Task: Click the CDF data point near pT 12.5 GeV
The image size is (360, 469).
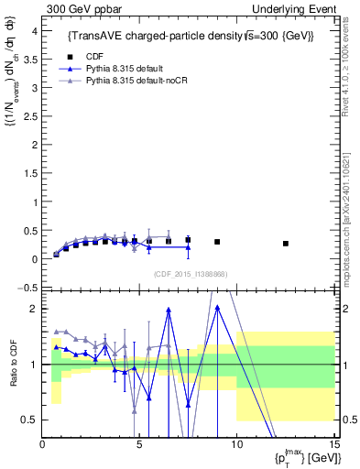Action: point(286,244)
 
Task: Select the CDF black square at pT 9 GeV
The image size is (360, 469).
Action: point(217,242)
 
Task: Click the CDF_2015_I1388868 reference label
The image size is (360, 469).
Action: point(190,274)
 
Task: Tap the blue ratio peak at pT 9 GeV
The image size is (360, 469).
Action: point(217,307)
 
